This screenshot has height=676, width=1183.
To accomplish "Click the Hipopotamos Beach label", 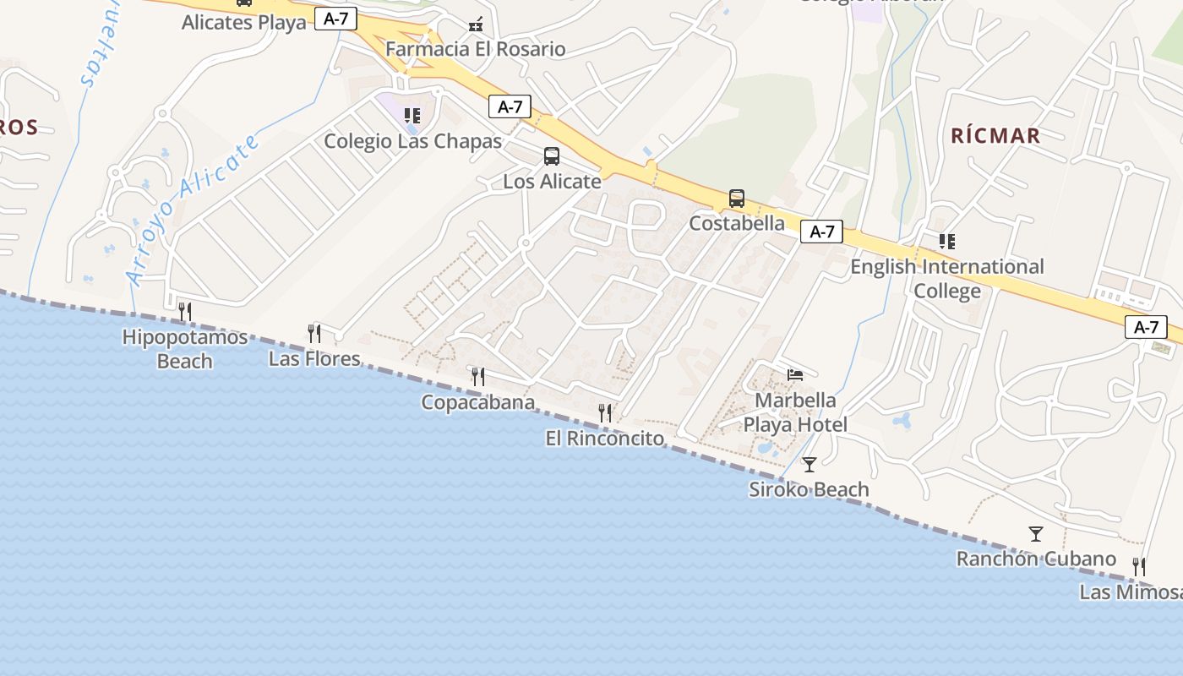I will point(185,349).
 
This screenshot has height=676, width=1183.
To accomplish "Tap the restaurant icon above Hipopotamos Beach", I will point(185,312).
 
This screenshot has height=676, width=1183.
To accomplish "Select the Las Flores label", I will point(314,359).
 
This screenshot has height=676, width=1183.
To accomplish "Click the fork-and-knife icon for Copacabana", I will point(478,376).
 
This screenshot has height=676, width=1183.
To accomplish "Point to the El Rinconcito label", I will point(604,439).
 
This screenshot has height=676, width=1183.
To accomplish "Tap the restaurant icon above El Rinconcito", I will point(605,412).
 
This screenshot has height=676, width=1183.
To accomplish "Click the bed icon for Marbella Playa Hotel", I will point(795,374).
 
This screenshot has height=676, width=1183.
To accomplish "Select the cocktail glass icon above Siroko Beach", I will point(810,464).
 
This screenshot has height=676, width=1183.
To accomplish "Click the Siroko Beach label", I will point(809,489).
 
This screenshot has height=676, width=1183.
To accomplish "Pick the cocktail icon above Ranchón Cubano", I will point(1036,534).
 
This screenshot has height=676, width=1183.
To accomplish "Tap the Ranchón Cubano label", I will point(1036,559).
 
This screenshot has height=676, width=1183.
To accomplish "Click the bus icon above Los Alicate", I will point(552,156).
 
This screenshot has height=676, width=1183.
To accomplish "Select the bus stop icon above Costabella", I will point(737,199).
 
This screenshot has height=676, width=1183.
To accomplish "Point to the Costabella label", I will point(737,224).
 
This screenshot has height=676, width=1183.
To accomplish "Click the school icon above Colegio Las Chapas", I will point(412,116).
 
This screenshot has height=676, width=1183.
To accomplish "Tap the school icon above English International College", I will point(947,242).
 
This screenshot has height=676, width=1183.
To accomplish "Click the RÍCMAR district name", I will point(995,135).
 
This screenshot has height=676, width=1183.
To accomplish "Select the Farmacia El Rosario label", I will point(476,49).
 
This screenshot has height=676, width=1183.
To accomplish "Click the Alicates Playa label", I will point(244,22).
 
